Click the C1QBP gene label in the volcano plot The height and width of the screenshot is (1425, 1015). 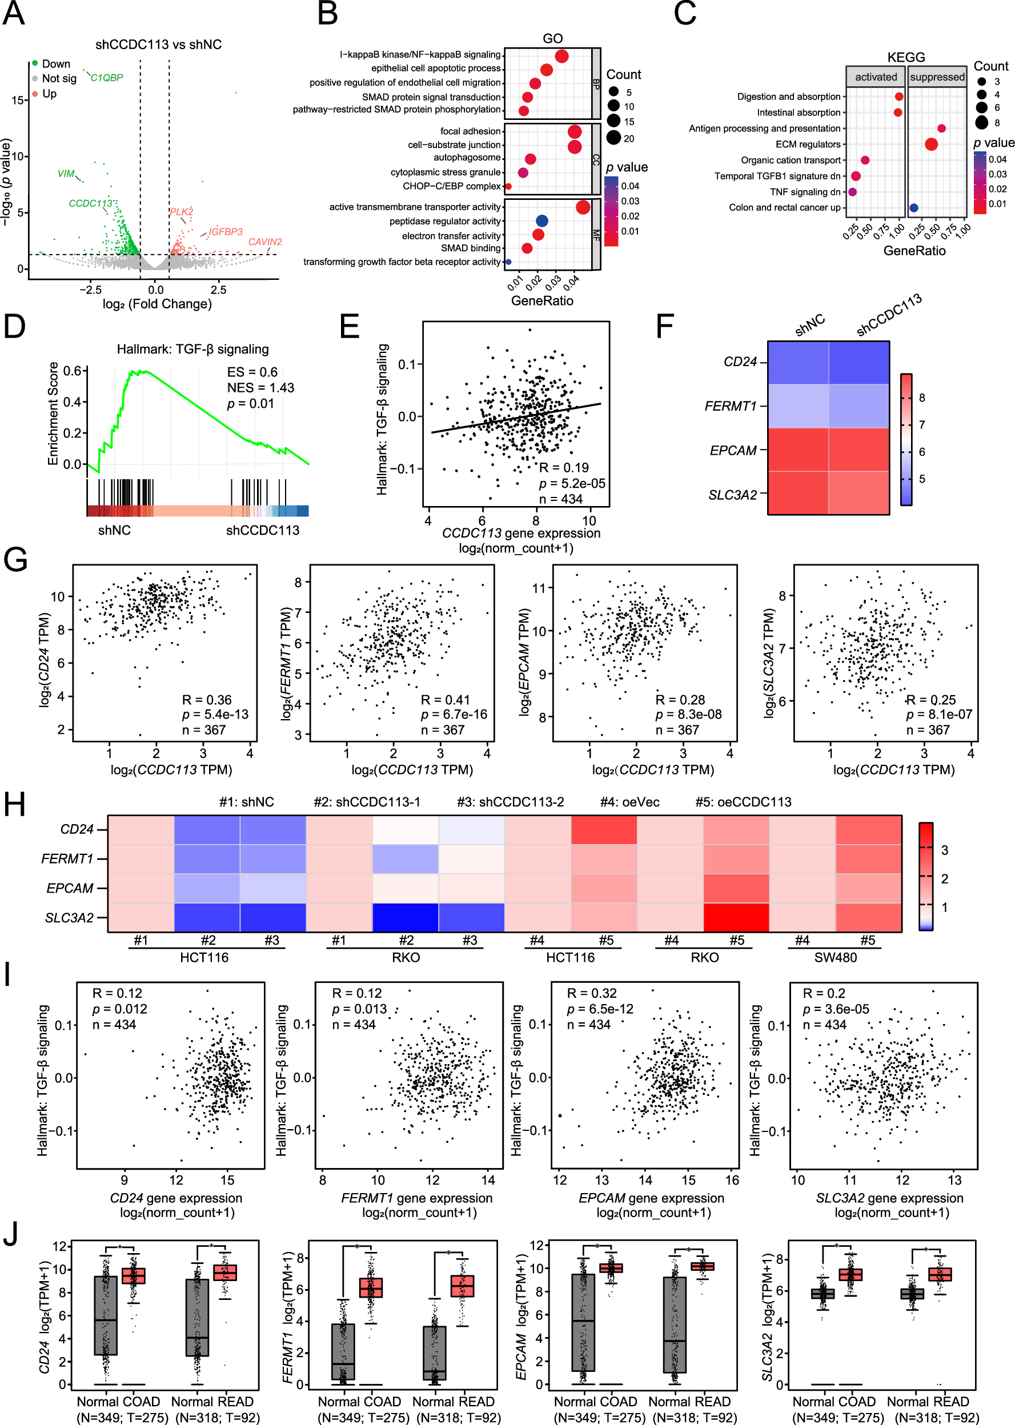[x=106, y=78]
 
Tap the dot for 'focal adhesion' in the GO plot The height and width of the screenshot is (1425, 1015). [x=575, y=131]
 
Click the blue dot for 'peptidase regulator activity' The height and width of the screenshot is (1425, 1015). [x=542, y=220]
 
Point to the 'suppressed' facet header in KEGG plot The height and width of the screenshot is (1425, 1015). [x=937, y=77]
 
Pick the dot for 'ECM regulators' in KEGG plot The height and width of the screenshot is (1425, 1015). [x=930, y=144]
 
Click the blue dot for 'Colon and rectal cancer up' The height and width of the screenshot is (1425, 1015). [x=914, y=207]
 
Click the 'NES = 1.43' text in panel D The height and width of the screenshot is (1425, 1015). [x=260, y=387]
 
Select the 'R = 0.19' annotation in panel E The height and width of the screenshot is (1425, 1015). [x=564, y=468]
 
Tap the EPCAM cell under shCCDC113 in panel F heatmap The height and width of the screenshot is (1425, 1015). [x=858, y=449]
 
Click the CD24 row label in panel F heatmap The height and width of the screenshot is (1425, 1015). [x=740, y=362]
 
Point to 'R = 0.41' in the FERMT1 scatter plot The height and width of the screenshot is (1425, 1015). [x=444, y=700]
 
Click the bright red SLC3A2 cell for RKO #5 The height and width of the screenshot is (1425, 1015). [x=736, y=917]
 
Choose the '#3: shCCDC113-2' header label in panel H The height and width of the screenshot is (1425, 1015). [x=510, y=802]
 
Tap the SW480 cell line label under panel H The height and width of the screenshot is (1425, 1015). [x=835, y=957]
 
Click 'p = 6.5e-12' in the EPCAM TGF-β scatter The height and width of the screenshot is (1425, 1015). [x=599, y=1009]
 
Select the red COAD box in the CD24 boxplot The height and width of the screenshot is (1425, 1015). [x=133, y=1275]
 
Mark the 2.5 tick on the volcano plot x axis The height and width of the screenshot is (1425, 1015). [x=218, y=290]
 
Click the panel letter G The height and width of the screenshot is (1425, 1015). [x=15, y=559]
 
